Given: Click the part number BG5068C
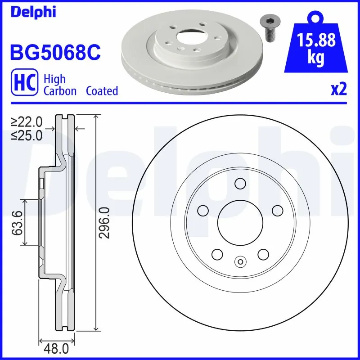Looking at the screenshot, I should coord(55,53).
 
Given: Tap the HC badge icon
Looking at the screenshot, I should coord(23,84).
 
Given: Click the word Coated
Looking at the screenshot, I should coord(102,91).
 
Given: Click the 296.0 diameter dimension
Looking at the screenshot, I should coord(104,223).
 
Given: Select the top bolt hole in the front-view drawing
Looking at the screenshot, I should coord(240,184).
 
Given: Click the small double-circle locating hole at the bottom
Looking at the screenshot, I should coord(240,261).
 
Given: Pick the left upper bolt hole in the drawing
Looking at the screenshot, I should coord(203,210).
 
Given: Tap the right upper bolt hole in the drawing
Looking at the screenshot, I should coord(277,210).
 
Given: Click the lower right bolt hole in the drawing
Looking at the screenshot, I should coord(263,254).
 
